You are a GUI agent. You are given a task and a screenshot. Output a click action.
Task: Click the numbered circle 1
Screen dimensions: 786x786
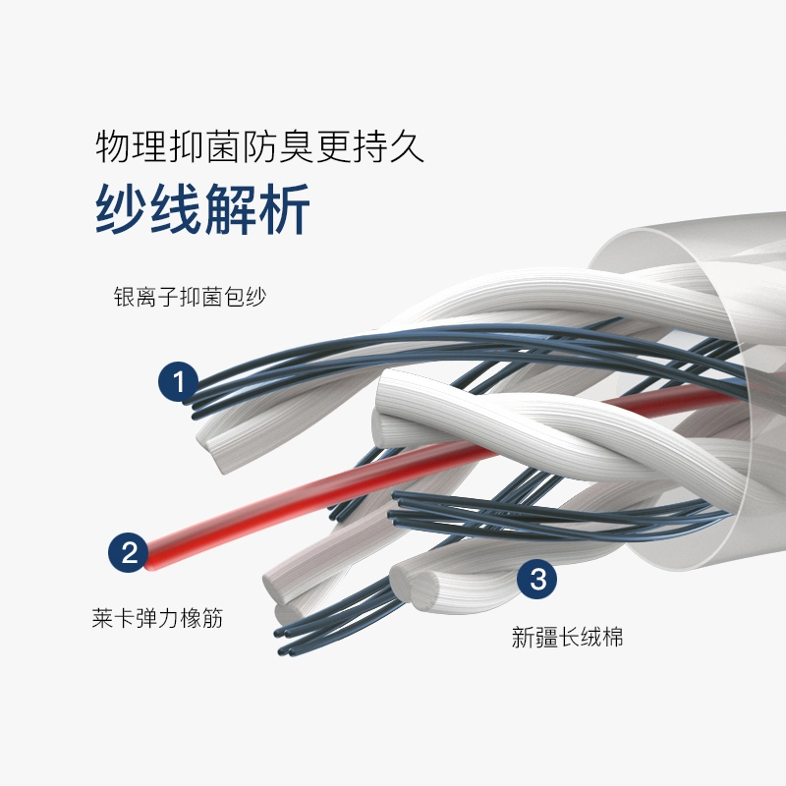click(178, 381)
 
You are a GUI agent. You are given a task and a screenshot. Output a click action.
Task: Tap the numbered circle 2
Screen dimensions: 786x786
click(129, 551)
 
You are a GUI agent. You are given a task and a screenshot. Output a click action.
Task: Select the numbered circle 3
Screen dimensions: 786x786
click(536, 579)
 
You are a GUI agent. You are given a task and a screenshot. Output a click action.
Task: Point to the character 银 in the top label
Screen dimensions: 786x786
click(124, 298)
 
